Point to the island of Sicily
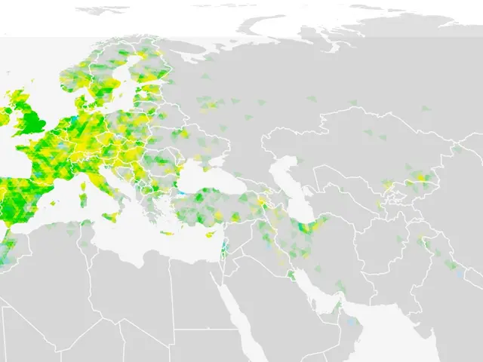tap(109, 217)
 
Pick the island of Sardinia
tap(84, 201)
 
